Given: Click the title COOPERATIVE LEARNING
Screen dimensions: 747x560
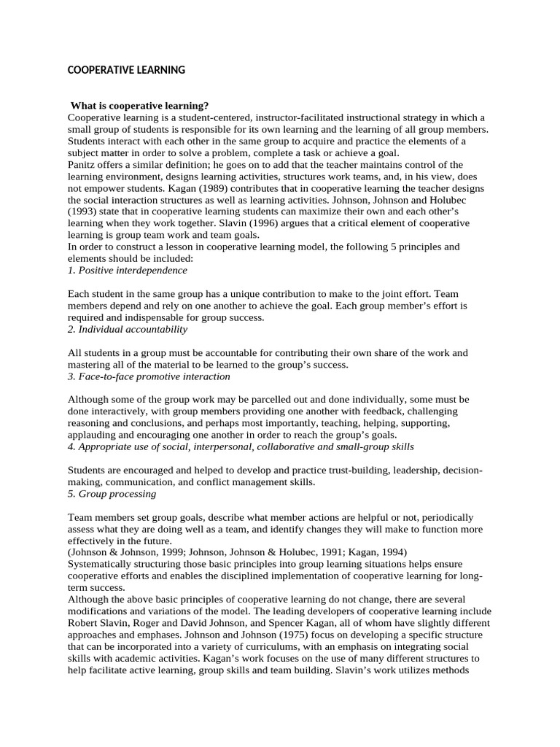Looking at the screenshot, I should click(x=126, y=70).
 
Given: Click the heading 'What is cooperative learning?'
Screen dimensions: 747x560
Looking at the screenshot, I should click(x=140, y=106).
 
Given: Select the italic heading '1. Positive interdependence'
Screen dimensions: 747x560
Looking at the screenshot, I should click(x=128, y=270).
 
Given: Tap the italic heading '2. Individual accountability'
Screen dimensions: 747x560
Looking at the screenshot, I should click(x=128, y=329).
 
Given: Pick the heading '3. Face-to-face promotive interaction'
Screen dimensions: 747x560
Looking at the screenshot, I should click(x=149, y=376).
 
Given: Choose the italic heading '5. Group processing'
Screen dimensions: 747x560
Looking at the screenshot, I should click(x=112, y=494).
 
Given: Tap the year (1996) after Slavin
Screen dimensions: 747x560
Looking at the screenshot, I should click(x=266, y=223).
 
